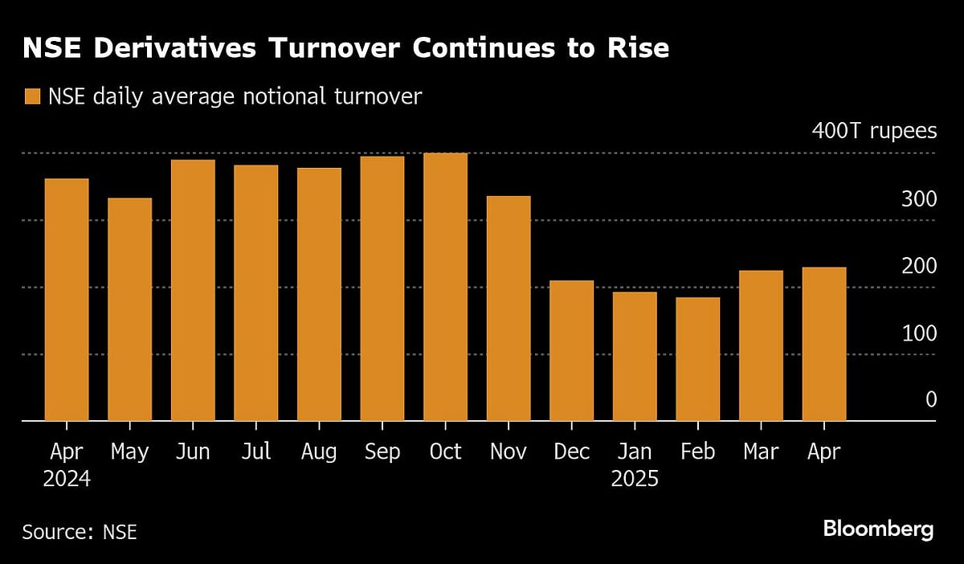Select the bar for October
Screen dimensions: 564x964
tap(445, 287)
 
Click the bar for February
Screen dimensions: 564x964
tap(697, 359)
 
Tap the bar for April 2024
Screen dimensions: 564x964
tap(67, 300)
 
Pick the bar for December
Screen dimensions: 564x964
tap(571, 350)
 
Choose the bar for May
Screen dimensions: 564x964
tap(129, 309)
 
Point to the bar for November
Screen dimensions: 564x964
tap(509, 309)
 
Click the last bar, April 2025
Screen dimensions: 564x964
tap(823, 344)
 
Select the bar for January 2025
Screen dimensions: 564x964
tap(635, 356)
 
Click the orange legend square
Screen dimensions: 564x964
tap(32, 97)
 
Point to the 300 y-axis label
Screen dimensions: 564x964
tap(918, 198)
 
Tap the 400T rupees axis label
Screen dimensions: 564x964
tap(874, 131)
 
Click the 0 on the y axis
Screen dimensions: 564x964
tap(930, 398)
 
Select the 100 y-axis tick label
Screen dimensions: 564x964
tap(918, 332)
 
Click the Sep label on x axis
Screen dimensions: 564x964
tap(382, 452)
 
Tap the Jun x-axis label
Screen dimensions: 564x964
tap(192, 452)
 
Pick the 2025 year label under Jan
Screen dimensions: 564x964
tap(635, 480)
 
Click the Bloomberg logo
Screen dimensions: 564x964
tap(878, 529)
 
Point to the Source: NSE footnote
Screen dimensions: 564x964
tap(80, 532)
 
